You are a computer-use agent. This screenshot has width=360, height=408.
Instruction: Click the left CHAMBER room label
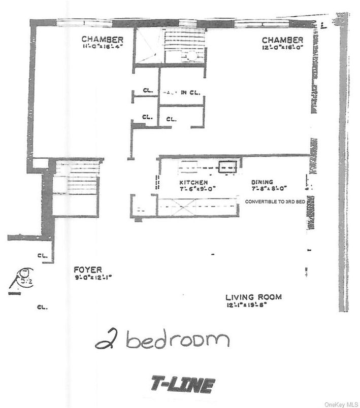(102, 39)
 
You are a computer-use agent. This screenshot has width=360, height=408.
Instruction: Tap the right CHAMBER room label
(282, 40)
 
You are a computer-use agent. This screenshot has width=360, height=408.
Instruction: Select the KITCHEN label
(192, 182)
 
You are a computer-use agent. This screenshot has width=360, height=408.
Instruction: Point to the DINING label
(262, 182)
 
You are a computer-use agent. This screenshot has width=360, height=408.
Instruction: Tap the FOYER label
(87, 270)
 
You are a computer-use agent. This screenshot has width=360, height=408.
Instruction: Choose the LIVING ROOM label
(254, 297)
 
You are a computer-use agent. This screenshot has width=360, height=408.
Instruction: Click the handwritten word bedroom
(178, 341)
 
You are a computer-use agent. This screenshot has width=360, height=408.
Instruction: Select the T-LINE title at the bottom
(182, 385)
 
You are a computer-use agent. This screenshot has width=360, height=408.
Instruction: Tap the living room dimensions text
(247, 305)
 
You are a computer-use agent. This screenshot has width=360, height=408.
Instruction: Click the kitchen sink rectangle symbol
(228, 165)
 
